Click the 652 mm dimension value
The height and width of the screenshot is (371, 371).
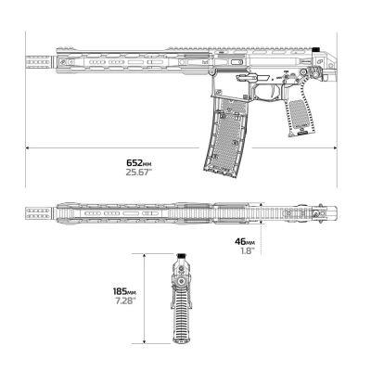pos(139,162)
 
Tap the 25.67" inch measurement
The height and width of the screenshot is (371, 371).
pos(139,173)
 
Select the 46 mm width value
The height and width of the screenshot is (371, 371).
pos(245,241)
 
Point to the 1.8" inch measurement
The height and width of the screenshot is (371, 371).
pos(248,250)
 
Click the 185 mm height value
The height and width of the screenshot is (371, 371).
pos(124,291)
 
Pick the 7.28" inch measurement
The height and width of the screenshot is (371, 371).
pos(125,301)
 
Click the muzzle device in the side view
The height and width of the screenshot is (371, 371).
pos(40,62)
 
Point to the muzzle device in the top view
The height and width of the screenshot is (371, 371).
pos(40,213)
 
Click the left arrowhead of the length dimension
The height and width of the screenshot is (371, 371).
pos(28,147)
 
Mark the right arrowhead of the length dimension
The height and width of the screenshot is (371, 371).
pos(335,147)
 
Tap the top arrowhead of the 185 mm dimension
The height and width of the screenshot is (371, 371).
pos(144,255)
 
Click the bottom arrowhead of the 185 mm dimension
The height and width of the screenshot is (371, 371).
pos(144,341)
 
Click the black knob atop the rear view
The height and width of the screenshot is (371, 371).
pos(181,256)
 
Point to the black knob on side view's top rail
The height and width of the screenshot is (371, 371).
pos(315,49)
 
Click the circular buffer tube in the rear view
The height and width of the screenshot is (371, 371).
pos(181,281)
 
